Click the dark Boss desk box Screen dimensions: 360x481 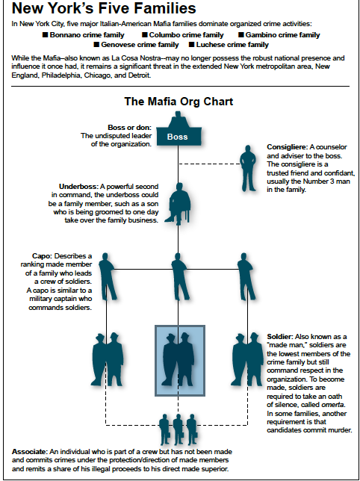coord(179,136)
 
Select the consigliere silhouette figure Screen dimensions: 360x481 coord(248,168)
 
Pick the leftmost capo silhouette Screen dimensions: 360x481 coord(107,276)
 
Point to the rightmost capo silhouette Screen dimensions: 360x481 coord(246,276)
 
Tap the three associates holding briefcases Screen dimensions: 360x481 coord(179,429)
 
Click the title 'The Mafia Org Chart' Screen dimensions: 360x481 coord(179,102)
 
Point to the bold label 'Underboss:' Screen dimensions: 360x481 coord(78,187)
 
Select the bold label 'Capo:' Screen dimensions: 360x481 coord(42,256)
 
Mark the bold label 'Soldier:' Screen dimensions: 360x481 coord(279,336)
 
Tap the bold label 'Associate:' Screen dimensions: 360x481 coord(30,452)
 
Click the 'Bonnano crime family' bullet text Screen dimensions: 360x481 coord(87,35)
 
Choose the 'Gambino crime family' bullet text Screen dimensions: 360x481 coord(282,35)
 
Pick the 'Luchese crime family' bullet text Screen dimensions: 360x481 coord(232,45)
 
